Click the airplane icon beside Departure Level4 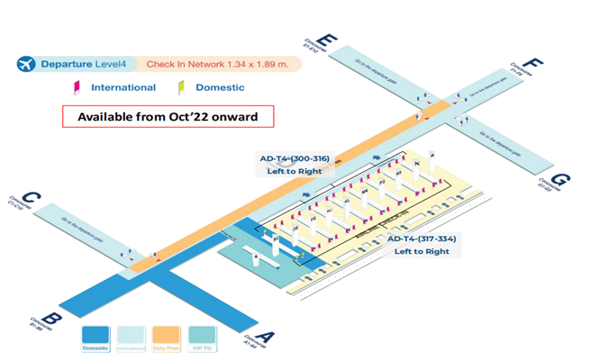(27, 64)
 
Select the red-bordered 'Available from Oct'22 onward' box (167, 117)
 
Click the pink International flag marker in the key (77, 88)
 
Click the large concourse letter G (560, 179)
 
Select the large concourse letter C (31, 197)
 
